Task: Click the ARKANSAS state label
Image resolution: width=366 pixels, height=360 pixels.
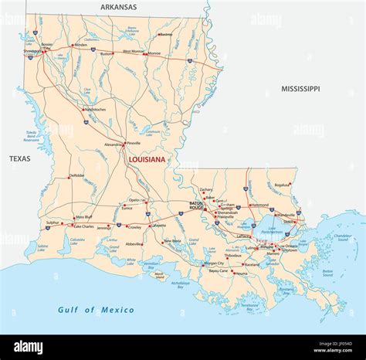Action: [118, 7]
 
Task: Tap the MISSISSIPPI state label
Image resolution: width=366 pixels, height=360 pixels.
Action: [300, 89]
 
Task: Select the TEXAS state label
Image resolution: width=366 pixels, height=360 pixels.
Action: [20, 158]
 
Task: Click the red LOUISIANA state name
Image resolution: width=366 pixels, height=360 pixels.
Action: [147, 160]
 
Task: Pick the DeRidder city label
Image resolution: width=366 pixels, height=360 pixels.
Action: [77, 175]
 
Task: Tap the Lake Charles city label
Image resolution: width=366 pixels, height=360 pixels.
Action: [83, 227]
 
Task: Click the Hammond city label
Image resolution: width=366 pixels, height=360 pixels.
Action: [259, 205]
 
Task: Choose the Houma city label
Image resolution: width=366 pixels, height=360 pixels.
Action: [241, 273]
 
